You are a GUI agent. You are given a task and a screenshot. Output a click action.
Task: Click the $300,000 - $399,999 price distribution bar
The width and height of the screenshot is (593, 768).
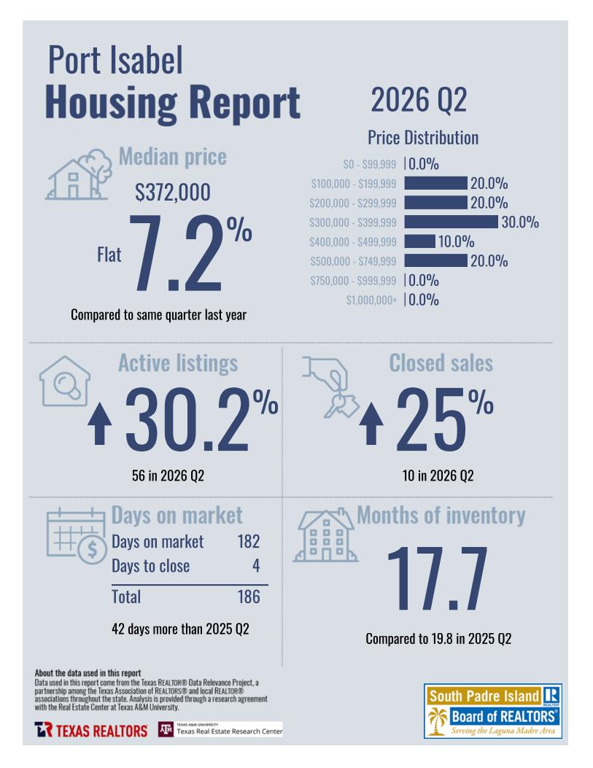coord(451,222)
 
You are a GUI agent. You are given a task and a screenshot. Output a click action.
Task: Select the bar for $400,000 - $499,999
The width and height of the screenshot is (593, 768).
coord(419,241)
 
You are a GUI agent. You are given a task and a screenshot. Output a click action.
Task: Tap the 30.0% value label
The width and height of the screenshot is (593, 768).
coord(520,222)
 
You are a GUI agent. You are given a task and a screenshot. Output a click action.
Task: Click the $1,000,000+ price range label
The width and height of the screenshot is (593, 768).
coord(371,300)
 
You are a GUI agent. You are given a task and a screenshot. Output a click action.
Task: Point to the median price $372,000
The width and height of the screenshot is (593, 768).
coord(173,192)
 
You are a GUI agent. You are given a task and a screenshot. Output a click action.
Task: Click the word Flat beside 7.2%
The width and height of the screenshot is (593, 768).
coord(109,255)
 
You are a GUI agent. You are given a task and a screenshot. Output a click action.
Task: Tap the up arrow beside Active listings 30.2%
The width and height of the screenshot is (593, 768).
coord(100,424)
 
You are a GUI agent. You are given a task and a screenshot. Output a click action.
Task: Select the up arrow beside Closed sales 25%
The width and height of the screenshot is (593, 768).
coord(371,424)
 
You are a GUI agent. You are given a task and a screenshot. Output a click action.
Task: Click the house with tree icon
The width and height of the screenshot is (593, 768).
coord(78,174)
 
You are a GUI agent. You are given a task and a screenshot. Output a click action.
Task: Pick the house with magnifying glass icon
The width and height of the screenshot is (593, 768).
coord(65,381)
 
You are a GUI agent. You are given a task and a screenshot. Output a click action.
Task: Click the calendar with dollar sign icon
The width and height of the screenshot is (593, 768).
coord(77,536)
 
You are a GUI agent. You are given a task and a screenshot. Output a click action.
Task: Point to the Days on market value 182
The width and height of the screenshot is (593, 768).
coord(249,541)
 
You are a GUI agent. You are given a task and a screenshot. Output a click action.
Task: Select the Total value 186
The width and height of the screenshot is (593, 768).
coord(249,597)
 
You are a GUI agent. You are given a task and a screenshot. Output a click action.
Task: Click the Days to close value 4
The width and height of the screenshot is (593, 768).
coord(256,566)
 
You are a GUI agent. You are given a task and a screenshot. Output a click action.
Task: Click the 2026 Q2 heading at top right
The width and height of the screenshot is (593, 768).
coord(419,100)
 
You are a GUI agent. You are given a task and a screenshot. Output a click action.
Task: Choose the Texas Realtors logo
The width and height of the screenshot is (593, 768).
coord(90,730)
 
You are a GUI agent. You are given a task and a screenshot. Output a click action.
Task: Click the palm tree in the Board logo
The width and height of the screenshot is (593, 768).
coord(438,722)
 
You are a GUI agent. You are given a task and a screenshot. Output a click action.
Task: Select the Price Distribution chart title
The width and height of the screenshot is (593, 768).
coord(423,138)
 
